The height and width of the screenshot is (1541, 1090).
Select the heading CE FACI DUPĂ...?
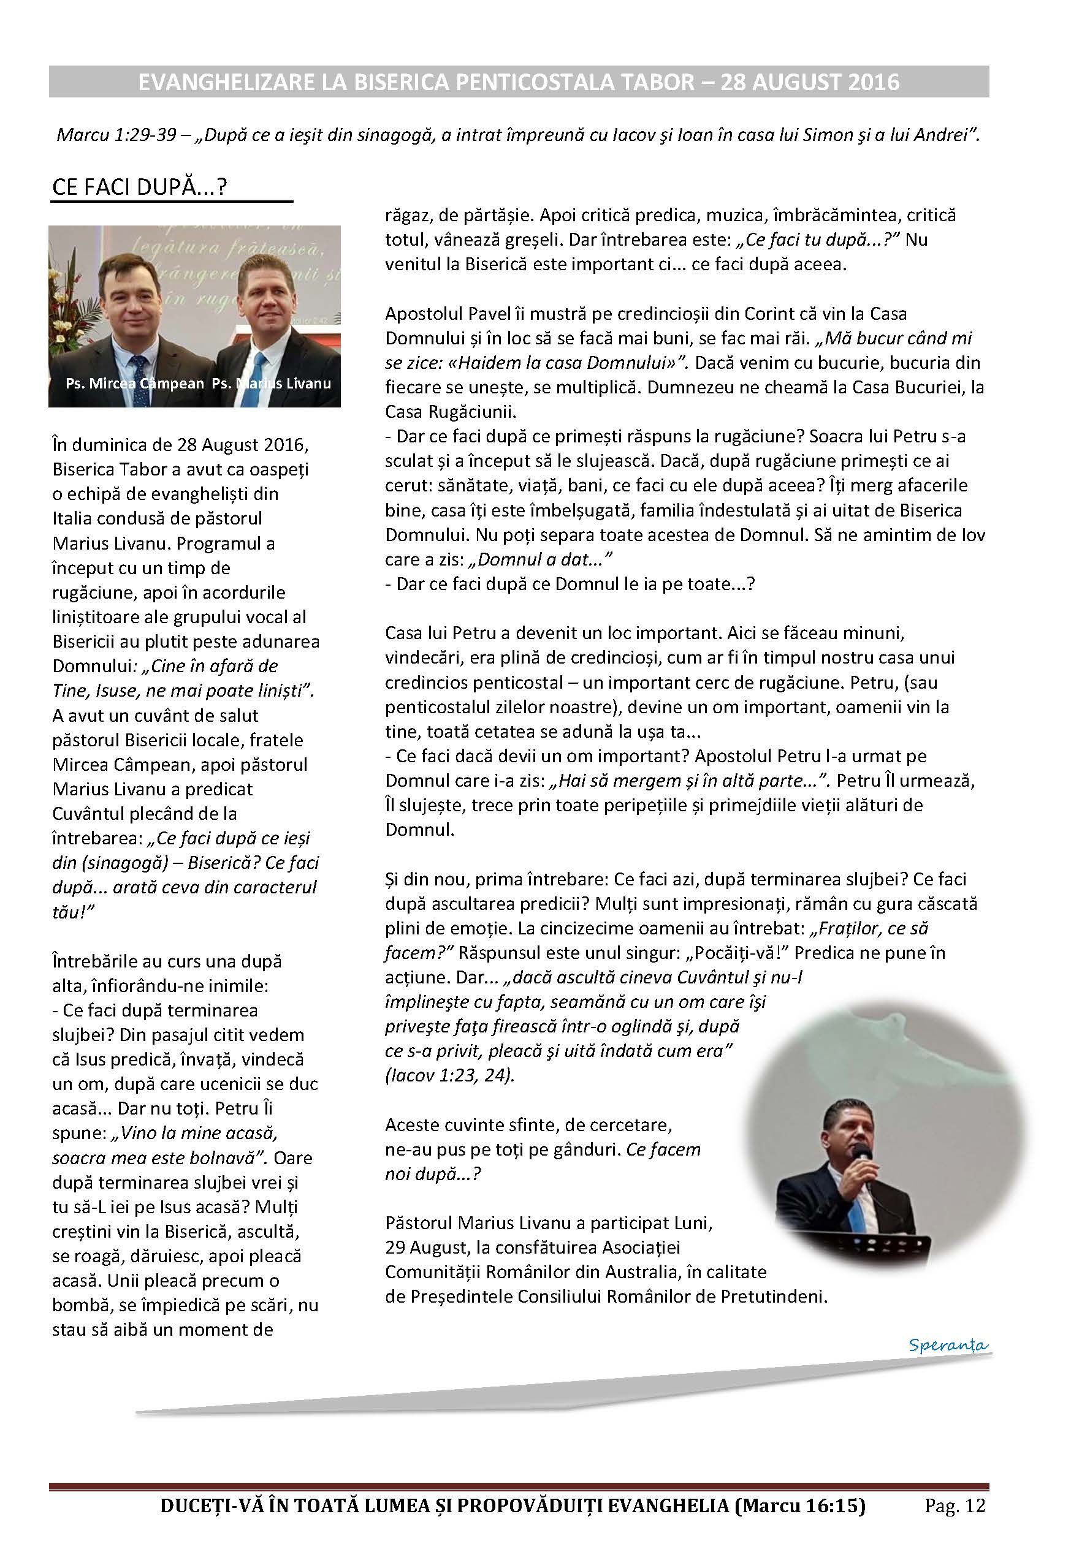[140, 187]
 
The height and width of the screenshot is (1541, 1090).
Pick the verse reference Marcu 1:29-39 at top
[118, 135]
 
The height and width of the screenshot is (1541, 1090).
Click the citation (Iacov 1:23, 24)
[449, 1075]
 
